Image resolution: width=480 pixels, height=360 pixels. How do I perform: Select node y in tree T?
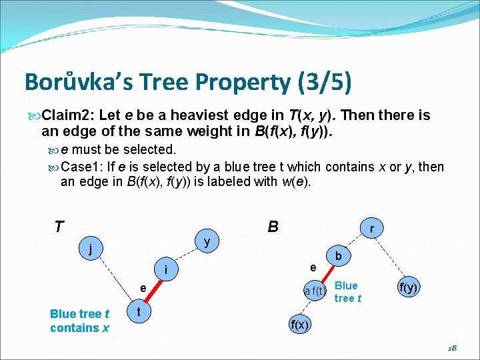coord(207,242)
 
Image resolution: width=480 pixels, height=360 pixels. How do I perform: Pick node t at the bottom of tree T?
coord(137,311)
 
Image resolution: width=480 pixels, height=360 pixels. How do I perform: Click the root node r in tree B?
coord(371,229)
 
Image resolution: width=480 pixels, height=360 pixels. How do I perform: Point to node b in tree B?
coord(339,256)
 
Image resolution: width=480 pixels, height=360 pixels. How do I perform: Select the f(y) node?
coord(407,287)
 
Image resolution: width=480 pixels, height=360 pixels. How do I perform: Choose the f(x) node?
coord(299,325)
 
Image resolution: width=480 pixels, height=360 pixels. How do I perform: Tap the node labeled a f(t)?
coord(314,290)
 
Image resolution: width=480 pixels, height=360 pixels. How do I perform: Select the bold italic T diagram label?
coord(59,227)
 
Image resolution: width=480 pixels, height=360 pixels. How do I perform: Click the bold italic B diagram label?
coord(273,227)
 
